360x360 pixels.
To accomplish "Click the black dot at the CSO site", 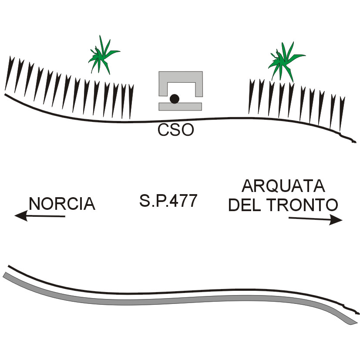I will tap(174, 99).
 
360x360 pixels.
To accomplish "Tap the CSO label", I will tap(175, 130).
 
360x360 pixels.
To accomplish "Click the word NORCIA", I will tap(62, 204).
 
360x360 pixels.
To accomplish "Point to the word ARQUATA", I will tap(283, 186).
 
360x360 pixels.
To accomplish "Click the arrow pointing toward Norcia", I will tap(39, 215).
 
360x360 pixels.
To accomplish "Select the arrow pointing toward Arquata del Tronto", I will tap(316, 219).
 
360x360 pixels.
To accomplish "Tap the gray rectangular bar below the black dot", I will tap(180, 106).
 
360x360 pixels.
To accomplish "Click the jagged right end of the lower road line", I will tap(353, 310).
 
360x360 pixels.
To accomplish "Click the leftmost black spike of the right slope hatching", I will tap(251, 96).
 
